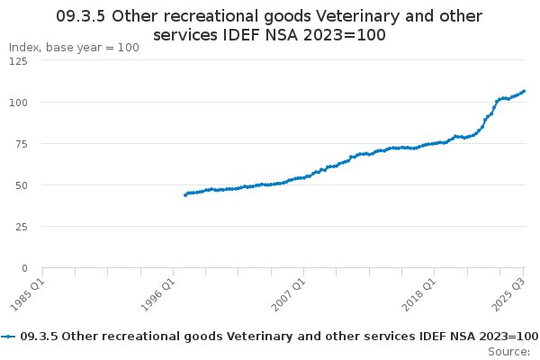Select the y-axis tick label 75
(x=20, y=144)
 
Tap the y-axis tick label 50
(x=20, y=185)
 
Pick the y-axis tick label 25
(x=20, y=227)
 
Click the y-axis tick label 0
(x=23, y=268)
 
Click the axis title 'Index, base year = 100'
(x=74, y=47)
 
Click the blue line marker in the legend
(x=8, y=336)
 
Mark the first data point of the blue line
(x=185, y=194)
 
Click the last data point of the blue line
(x=524, y=91)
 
